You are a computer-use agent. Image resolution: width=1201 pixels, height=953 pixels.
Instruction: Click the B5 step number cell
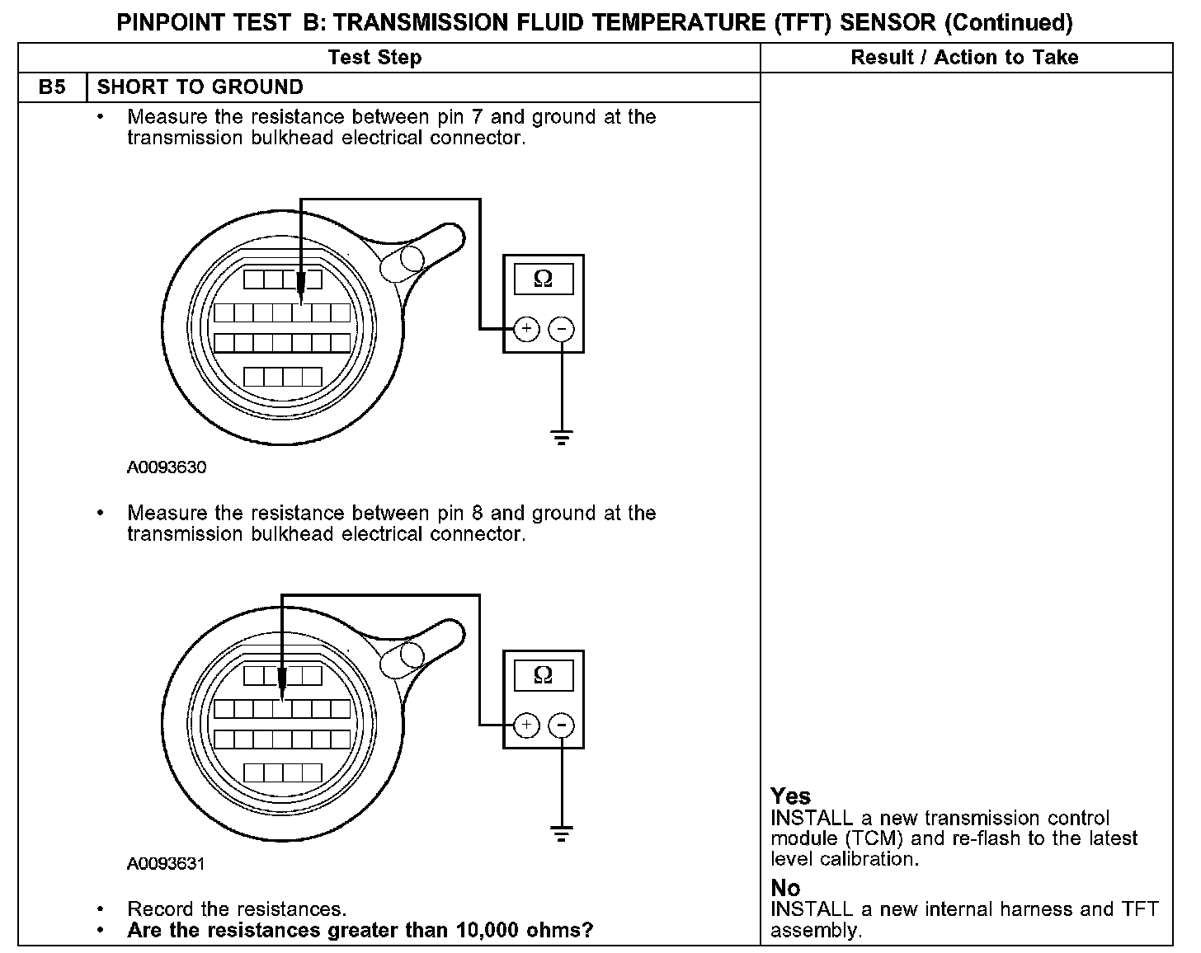point(52,87)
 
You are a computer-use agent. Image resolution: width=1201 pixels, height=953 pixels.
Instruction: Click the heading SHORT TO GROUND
point(200,87)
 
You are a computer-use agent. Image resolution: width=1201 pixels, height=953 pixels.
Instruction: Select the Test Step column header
point(374,57)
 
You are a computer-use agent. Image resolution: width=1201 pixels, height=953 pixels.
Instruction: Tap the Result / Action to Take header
point(964,57)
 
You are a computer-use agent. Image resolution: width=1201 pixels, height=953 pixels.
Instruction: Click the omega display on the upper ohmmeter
point(543,279)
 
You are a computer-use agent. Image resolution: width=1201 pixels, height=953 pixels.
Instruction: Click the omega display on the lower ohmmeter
point(543,675)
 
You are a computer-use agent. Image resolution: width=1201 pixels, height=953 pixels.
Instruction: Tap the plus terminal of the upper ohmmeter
point(526,329)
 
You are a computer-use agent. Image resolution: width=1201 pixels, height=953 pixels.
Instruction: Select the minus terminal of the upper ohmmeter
point(561,329)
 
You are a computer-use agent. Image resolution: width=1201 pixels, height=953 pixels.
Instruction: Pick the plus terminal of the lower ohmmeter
point(526,725)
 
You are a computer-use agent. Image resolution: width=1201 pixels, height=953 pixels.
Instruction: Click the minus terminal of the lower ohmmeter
point(561,725)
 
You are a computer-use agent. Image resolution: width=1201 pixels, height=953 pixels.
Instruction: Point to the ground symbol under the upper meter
point(562,437)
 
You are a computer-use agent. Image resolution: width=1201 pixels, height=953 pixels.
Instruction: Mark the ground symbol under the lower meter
point(562,833)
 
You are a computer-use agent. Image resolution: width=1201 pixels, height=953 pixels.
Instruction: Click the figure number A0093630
point(167,467)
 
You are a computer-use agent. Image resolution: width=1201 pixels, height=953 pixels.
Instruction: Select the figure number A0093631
point(166,863)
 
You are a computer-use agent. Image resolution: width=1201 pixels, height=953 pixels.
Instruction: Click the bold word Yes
point(790,796)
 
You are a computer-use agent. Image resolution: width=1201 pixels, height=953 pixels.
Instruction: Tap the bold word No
point(785,887)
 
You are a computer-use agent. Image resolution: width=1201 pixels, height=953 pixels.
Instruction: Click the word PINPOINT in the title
point(171,22)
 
